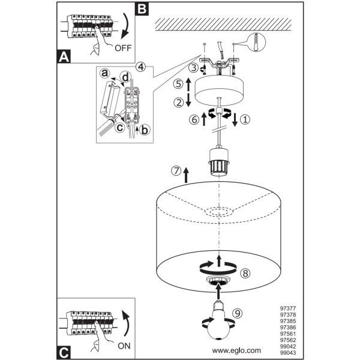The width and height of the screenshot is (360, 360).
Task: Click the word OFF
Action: (x=123, y=48)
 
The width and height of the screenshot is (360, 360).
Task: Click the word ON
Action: (x=124, y=346)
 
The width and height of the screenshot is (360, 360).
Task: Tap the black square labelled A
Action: (x=64, y=56)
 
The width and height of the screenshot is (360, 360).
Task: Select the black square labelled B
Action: (x=142, y=9)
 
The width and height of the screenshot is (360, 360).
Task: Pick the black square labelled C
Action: (x=64, y=353)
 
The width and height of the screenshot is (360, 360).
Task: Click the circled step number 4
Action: (x=141, y=67)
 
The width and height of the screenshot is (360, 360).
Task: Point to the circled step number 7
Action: (x=176, y=171)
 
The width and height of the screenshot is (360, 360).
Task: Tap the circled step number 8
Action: (x=245, y=273)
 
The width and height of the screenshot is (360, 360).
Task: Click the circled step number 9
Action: (x=238, y=313)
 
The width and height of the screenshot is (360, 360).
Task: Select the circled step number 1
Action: (x=245, y=119)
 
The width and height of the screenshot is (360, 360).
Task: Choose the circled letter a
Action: (x=104, y=73)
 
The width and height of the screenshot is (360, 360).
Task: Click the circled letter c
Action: (x=120, y=128)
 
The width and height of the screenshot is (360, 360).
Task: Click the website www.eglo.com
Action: (x=236, y=350)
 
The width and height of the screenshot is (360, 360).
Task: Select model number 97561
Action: (x=288, y=334)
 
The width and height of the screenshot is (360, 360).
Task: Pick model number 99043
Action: (x=288, y=353)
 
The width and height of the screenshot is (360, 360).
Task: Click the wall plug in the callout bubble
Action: (x=256, y=42)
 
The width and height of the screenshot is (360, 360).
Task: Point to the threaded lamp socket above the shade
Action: (x=219, y=162)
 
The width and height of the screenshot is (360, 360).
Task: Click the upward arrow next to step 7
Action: (x=186, y=175)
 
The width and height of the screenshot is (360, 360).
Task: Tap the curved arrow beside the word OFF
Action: (x=126, y=26)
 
